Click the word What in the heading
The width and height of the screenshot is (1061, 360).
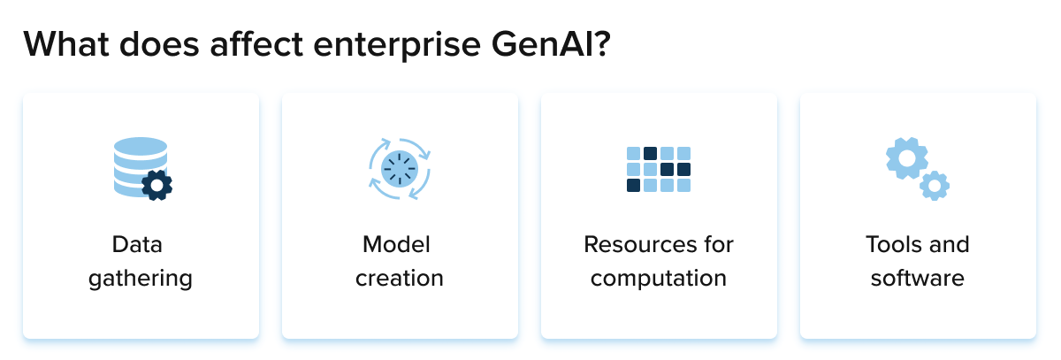66,44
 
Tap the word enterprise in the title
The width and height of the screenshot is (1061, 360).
397,47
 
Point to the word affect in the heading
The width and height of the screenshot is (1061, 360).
256,44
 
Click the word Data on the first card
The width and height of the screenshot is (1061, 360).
137,244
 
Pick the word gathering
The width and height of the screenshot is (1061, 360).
141,279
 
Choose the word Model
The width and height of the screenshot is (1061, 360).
396,244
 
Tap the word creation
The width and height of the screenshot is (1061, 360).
400,278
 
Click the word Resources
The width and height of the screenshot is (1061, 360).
637,244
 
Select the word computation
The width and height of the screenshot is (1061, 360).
659,279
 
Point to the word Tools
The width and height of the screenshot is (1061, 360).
894,244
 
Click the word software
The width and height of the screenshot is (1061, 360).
918,278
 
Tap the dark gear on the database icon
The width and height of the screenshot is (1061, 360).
156,185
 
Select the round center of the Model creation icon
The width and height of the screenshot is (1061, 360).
400,169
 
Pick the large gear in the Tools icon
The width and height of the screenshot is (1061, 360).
907,158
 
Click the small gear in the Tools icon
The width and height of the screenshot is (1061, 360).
935,186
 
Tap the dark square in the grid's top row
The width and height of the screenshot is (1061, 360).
650,154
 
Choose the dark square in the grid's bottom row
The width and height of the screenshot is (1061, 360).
633,185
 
